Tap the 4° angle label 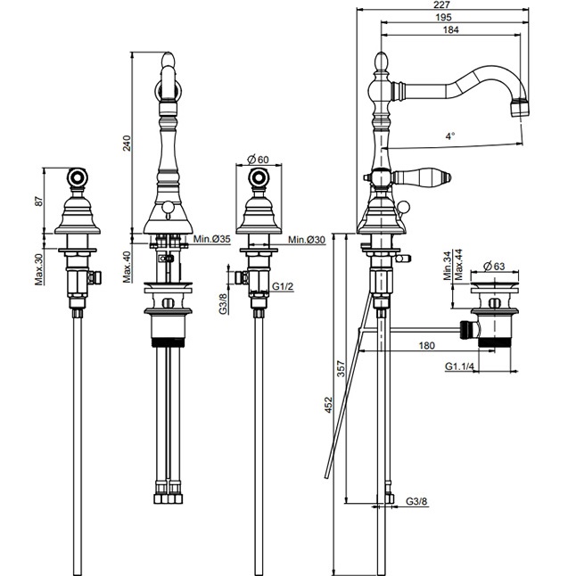click(x=450, y=136)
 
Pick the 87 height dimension click(x=37, y=200)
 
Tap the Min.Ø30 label click(x=306, y=239)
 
